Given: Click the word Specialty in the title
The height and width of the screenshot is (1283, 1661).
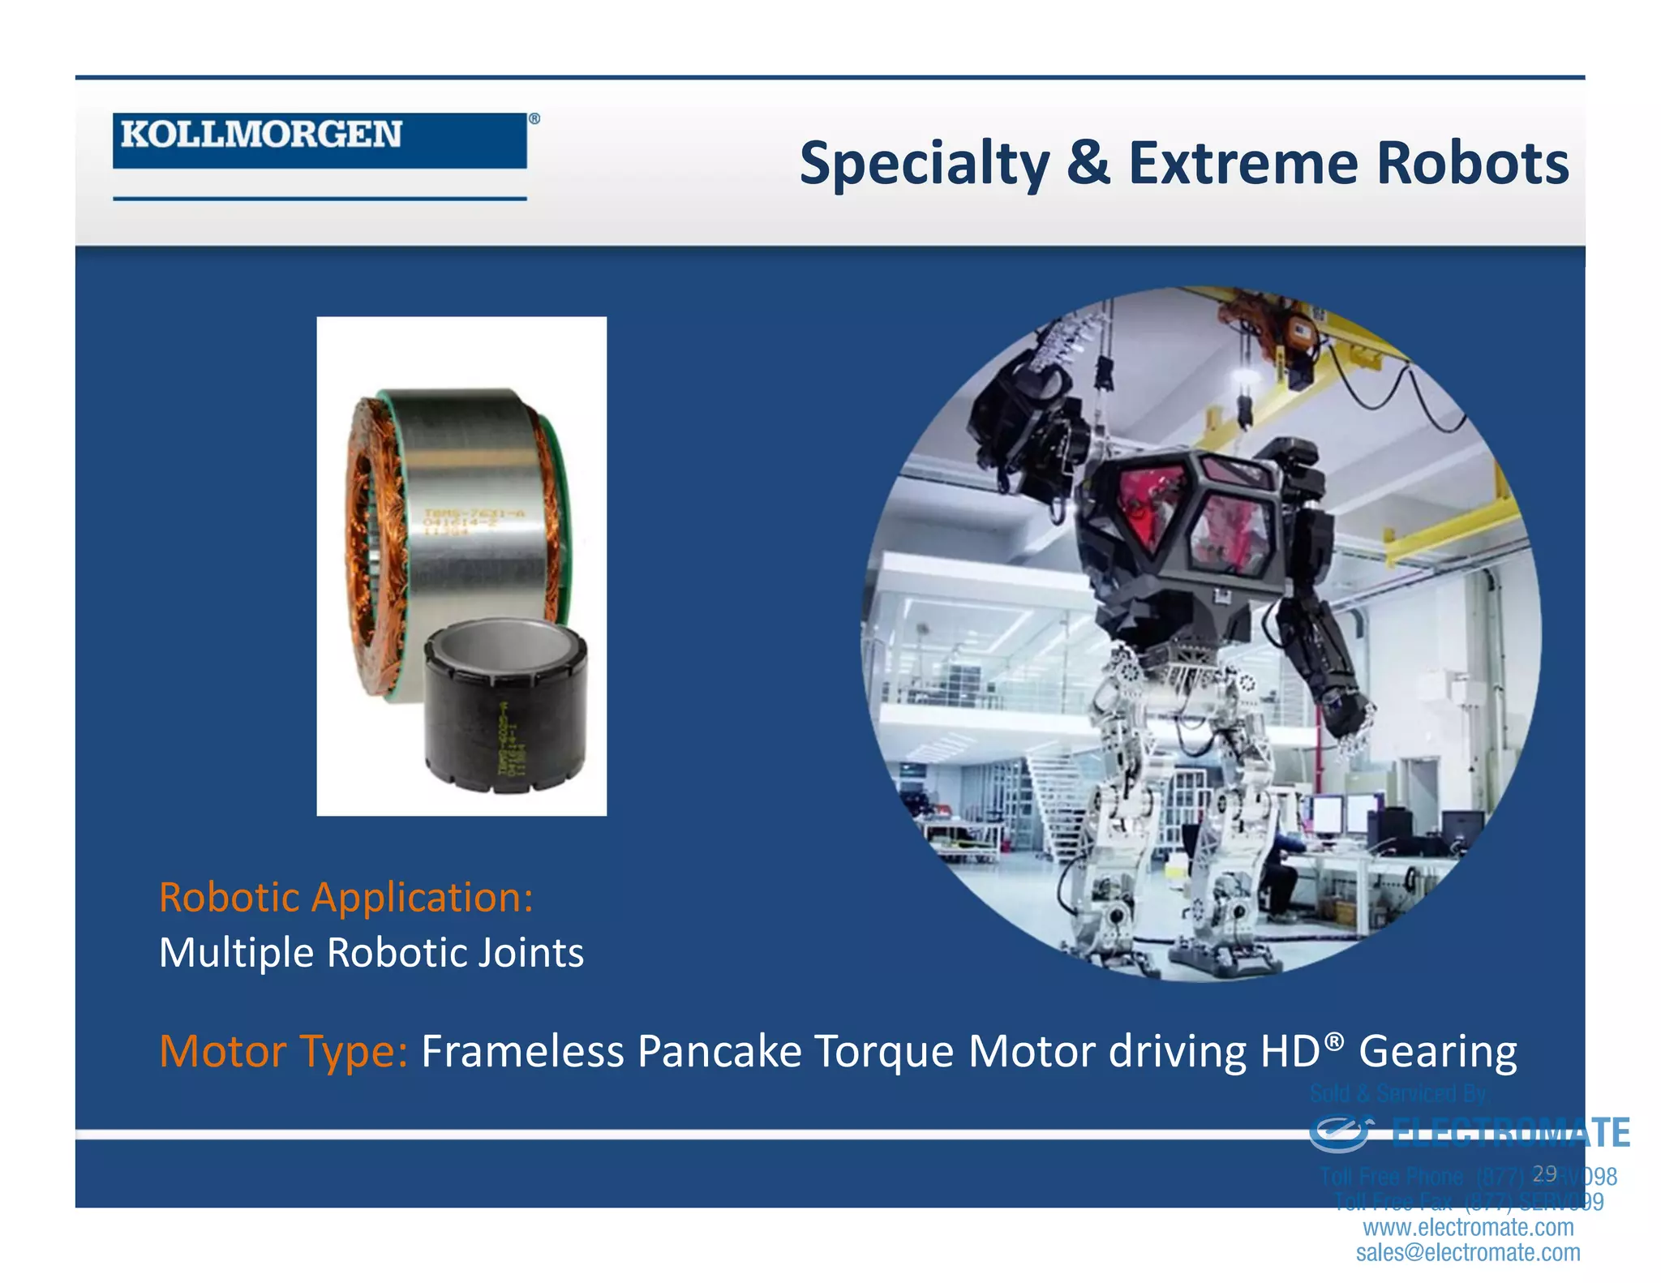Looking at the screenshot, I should click(925, 165).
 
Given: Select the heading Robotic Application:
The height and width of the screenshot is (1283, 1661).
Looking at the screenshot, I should click(346, 898).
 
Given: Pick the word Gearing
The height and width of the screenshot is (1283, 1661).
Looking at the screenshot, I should click(1437, 1052).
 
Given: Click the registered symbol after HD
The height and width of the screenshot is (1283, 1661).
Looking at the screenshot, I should click(1334, 1040).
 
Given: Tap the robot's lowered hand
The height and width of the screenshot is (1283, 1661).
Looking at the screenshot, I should click(1350, 722).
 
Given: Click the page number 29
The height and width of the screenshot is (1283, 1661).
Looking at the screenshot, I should click(1544, 1174).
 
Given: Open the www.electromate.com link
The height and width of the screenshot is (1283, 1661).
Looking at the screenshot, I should click(1468, 1227).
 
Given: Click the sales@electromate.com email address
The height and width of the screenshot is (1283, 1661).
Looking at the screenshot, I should click(1468, 1253).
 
